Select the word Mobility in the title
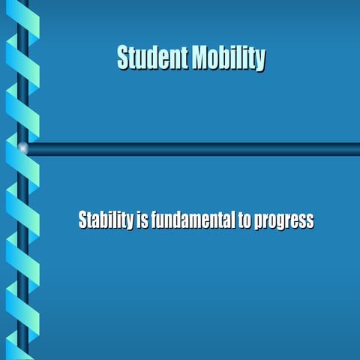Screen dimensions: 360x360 tap(227, 58)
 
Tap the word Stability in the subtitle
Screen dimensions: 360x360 tap(106, 221)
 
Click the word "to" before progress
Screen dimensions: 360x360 tap(245, 221)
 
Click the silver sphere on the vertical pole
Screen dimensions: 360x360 tap(23, 148)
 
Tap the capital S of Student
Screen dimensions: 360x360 tap(123, 58)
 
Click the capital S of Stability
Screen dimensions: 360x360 tap(82, 221)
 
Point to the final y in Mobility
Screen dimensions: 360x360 tap(260, 60)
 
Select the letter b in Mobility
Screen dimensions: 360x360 tap(224, 58)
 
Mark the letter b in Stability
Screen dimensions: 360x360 tap(106, 221)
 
